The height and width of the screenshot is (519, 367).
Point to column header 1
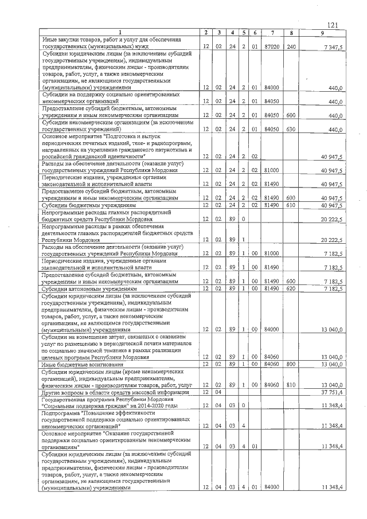tap(120, 33)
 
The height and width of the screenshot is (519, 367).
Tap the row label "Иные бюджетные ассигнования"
tap(83, 364)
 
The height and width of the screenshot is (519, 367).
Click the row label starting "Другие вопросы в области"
tap(115, 392)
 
